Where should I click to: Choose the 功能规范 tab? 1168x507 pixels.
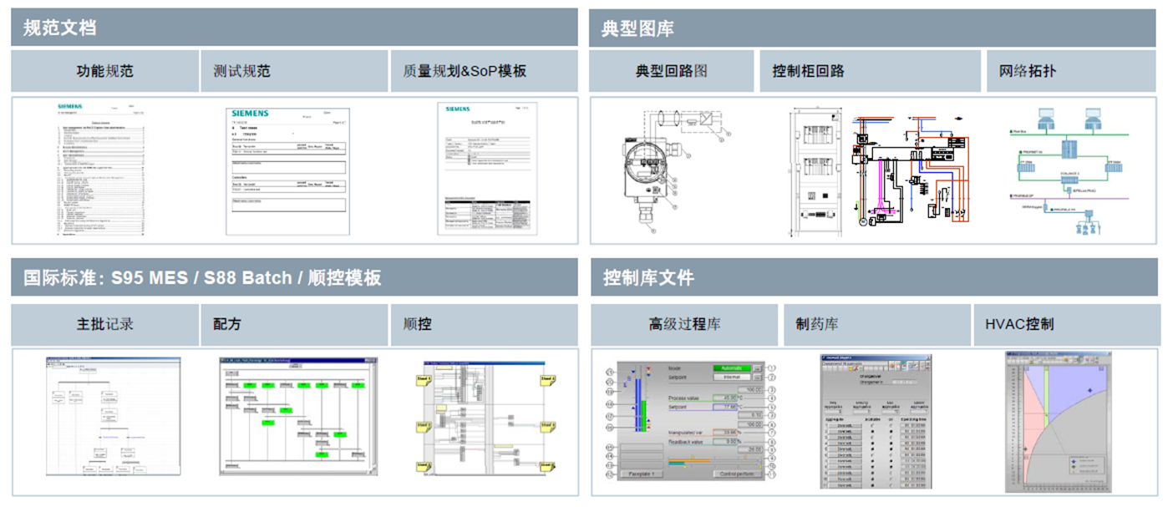point(104,71)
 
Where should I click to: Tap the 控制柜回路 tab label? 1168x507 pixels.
point(808,71)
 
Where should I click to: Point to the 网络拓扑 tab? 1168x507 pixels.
point(1027,71)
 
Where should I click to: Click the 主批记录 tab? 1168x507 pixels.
point(104,324)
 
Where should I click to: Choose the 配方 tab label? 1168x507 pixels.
point(227,324)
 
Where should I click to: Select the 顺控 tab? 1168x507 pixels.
point(417,324)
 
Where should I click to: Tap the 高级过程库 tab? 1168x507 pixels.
point(684,324)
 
